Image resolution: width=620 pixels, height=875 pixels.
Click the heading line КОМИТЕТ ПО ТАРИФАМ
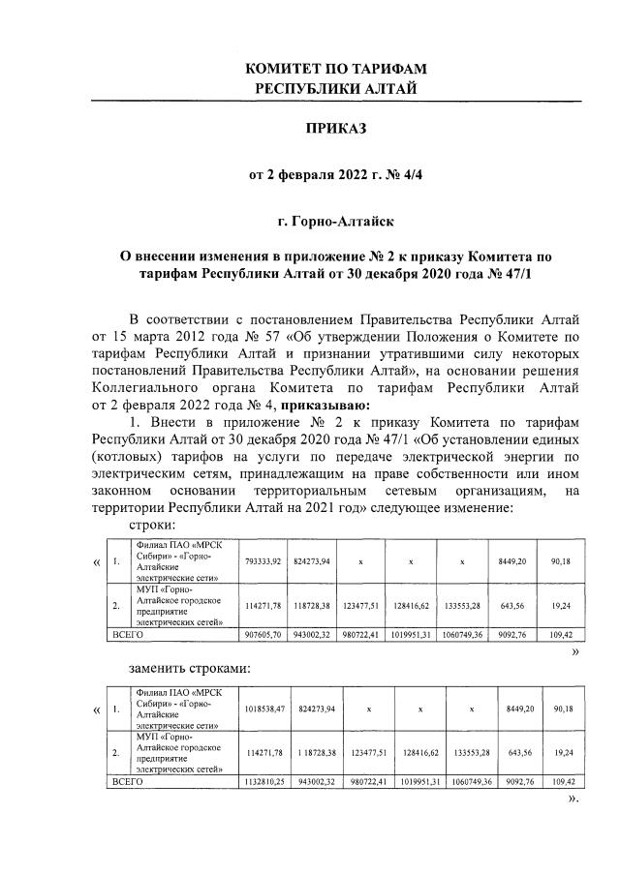(336, 70)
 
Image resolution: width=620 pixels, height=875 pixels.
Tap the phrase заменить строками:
(190, 668)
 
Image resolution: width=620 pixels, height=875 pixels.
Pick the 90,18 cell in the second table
(562, 709)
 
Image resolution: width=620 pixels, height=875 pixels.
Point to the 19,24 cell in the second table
(562, 752)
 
